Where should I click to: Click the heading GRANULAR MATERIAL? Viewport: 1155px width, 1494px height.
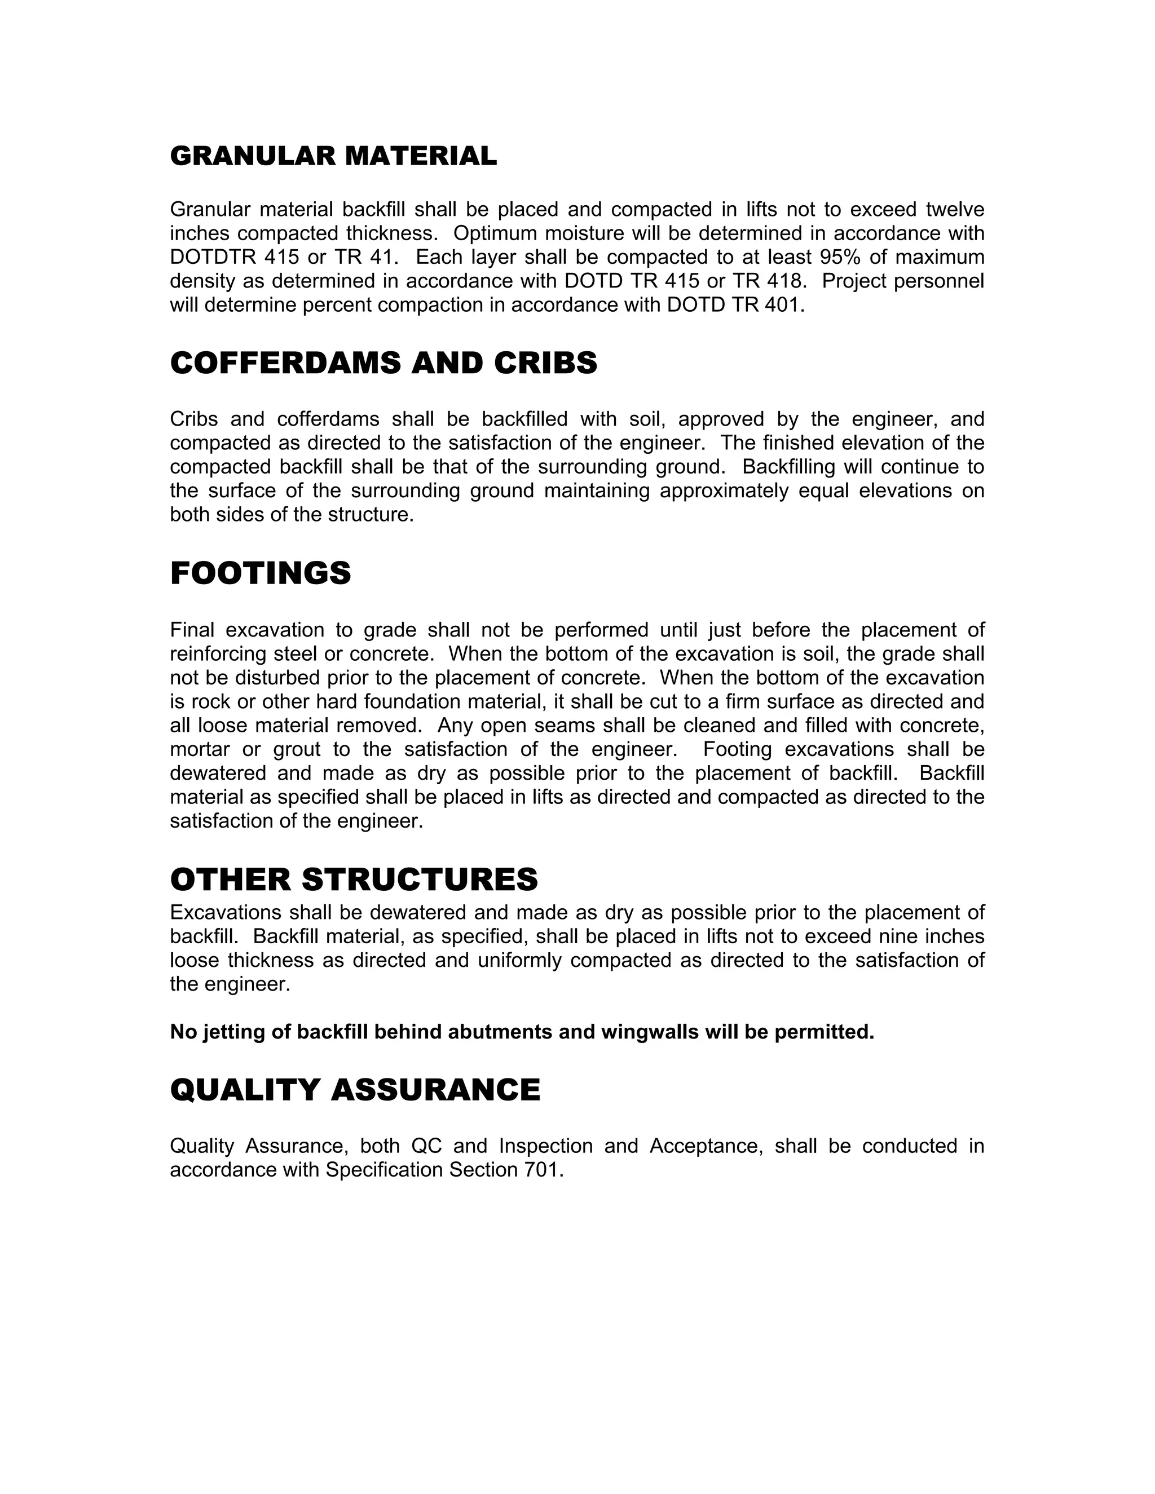[x=333, y=156]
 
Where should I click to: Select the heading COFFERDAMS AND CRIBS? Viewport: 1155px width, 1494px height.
[x=383, y=363]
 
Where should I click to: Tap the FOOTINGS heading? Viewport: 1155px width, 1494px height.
[x=260, y=573]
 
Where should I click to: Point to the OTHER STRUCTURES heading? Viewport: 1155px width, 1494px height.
[x=354, y=879]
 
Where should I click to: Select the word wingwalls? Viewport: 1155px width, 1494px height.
[x=650, y=1032]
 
